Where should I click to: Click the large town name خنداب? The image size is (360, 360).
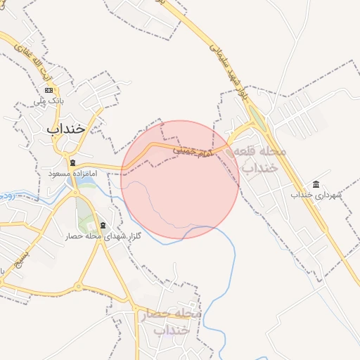coord(65,129)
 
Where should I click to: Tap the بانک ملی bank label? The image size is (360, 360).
coord(49,102)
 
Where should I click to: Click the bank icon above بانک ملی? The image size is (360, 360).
coord(49,90)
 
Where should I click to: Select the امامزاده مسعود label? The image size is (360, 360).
coord(72,173)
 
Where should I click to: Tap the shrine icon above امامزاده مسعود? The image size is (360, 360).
coord(72,163)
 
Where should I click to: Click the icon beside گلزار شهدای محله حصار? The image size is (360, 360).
coord(103,225)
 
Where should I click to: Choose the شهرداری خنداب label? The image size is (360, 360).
coord(315,194)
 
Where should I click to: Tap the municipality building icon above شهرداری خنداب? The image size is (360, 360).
coord(315,184)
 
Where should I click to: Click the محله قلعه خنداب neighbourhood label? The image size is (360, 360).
coord(262,160)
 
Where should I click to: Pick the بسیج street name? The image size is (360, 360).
coord(8,243)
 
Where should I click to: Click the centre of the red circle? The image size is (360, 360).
coord(180,179)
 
